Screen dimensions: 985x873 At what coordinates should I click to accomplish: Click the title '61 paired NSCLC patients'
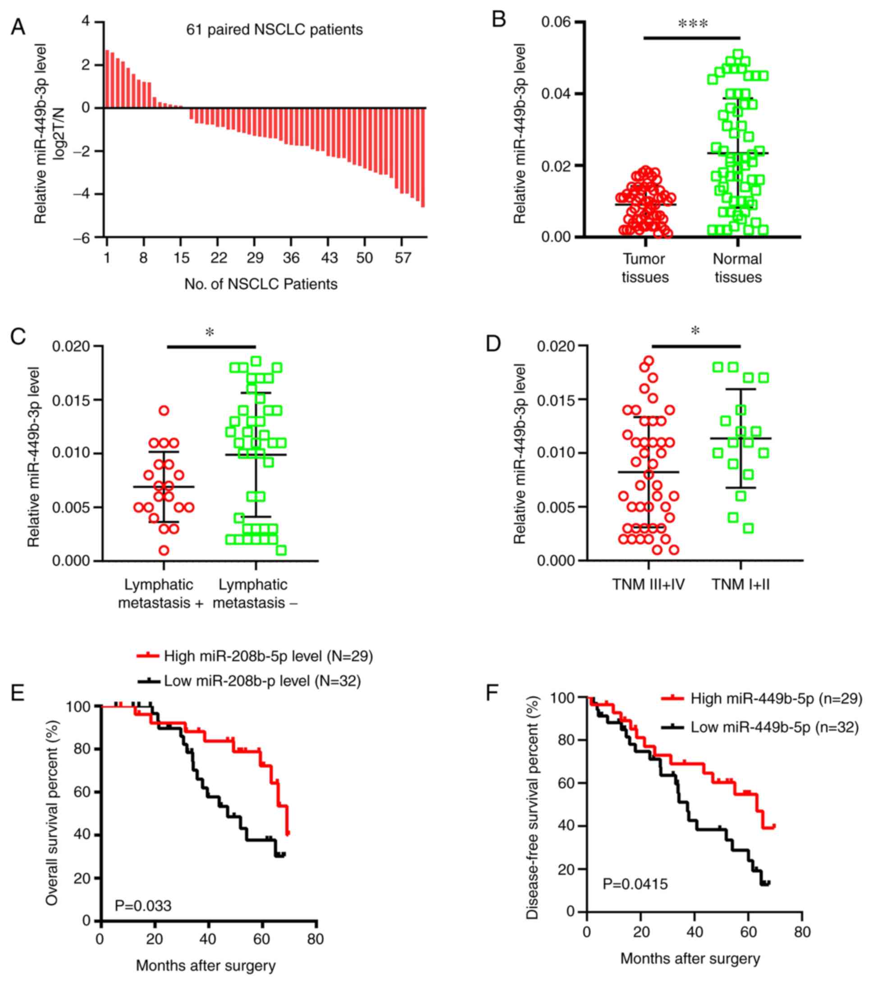click(x=274, y=30)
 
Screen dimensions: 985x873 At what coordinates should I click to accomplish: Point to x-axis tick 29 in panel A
click(x=255, y=258)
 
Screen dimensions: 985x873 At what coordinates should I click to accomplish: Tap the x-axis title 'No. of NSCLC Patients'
click(x=261, y=284)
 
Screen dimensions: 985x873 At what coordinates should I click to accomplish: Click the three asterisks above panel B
click(x=693, y=24)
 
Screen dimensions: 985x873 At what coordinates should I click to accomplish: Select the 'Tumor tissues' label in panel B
click(x=644, y=268)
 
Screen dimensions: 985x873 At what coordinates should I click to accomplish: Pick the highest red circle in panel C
click(x=164, y=411)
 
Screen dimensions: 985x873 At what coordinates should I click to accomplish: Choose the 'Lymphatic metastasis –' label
click(x=254, y=594)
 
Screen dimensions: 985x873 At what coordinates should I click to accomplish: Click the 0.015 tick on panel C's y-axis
click(x=71, y=400)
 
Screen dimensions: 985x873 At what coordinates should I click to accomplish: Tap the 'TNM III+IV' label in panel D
click(x=648, y=585)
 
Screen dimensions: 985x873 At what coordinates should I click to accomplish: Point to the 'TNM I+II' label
click(x=740, y=585)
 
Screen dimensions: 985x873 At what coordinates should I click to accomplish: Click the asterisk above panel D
click(x=695, y=331)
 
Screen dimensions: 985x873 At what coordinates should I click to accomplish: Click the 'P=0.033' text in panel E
click(x=143, y=906)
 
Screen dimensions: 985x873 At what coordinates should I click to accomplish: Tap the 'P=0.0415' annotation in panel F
click(x=635, y=884)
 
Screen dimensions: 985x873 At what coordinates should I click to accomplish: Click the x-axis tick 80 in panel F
click(x=802, y=932)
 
